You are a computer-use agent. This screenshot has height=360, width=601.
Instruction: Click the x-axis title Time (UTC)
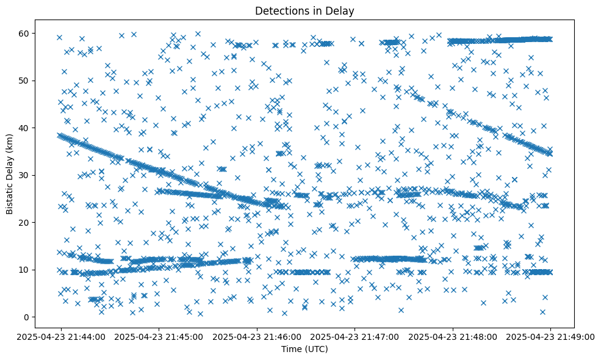[x=304, y=349]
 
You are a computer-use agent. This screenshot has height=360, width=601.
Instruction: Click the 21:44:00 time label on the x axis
[x=60, y=336]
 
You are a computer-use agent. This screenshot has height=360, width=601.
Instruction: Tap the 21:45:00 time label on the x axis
[x=159, y=336]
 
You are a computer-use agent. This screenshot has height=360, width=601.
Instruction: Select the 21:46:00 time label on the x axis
[x=257, y=336]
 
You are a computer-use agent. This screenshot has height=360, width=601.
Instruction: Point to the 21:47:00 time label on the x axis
[x=354, y=336]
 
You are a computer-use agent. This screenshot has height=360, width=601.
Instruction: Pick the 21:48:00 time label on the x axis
[x=453, y=336]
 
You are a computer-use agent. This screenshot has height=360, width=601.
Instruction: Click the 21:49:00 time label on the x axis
[x=550, y=336]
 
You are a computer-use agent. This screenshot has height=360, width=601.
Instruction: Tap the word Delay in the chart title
[x=342, y=10]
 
